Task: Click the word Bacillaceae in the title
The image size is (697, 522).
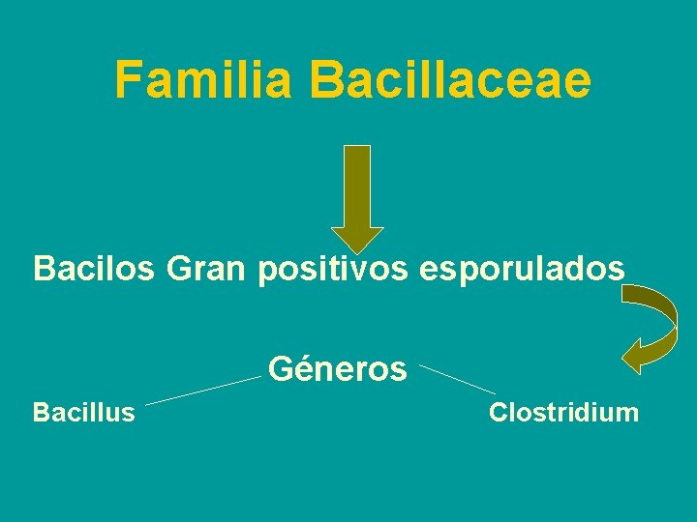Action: click(452, 79)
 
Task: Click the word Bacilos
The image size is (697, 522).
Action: click(94, 268)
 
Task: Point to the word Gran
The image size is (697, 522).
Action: click(207, 268)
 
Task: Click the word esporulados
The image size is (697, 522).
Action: click(522, 268)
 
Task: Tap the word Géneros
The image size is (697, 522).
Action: click(337, 369)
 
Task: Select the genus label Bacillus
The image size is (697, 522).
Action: click(83, 413)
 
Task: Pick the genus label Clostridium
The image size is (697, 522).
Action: click(563, 413)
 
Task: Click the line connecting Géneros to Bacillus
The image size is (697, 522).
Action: click(203, 391)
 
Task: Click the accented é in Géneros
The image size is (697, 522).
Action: click(299, 369)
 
